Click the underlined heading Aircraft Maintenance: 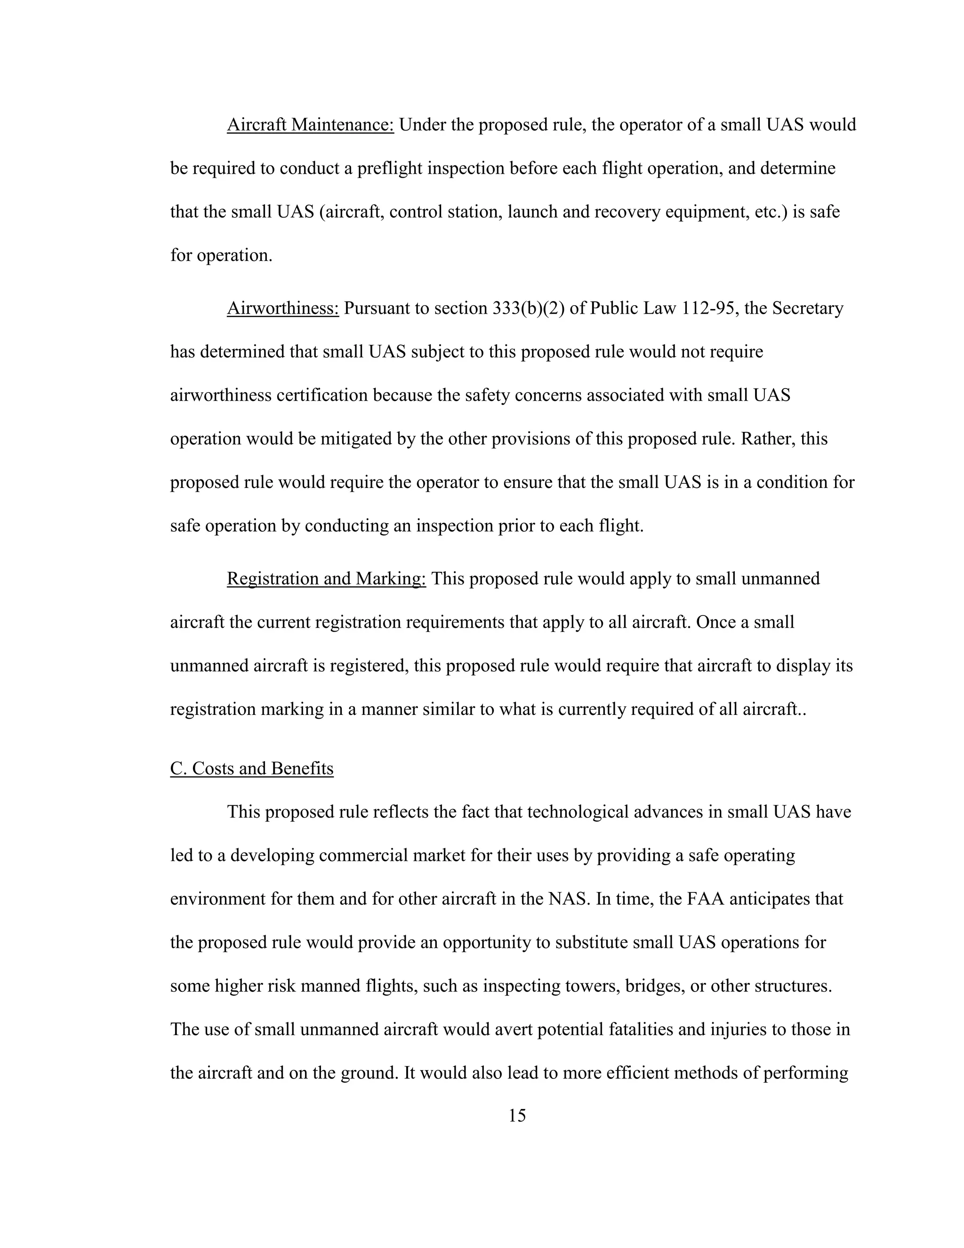coord(310,125)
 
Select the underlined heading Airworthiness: coord(283,308)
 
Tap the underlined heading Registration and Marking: coord(326,578)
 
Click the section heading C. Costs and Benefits coord(252,769)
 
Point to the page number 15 coord(517,1115)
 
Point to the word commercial coord(364,855)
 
